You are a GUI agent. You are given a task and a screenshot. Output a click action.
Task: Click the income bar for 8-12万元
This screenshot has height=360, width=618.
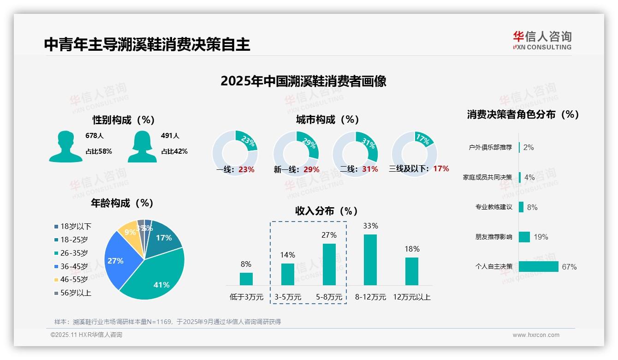coord(370,260)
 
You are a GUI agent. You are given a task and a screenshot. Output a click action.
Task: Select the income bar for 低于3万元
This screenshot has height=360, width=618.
coord(246,279)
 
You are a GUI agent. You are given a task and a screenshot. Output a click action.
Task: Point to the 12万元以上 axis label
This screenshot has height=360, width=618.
coord(411,297)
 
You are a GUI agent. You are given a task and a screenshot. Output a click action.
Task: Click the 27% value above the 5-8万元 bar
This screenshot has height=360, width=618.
coord(329,235)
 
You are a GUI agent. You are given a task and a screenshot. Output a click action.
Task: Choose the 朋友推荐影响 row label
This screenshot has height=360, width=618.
coord(493,237)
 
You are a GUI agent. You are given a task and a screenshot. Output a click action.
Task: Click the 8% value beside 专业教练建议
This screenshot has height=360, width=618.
coord(532,207)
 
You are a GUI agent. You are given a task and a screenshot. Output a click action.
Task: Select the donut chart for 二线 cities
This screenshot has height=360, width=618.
coord(355,147)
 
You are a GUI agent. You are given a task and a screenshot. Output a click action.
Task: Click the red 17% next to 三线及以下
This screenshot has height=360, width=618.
coord(441,168)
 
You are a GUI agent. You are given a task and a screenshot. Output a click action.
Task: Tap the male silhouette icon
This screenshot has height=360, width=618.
coord(65,147)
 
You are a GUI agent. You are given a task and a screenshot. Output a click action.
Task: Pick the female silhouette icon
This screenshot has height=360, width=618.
coord(142,147)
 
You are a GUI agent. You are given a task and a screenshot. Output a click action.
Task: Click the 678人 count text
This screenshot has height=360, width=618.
coord(95,136)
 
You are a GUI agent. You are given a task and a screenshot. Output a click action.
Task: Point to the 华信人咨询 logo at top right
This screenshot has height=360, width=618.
coord(542,40)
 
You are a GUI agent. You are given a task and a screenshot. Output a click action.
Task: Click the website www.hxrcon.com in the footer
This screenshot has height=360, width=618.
coord(535,335)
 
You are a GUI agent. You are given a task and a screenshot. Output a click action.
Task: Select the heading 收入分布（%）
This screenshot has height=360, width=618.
coord(327,211)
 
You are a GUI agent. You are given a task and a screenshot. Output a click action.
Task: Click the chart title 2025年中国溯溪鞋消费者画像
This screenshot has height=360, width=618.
coord(303,81)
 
